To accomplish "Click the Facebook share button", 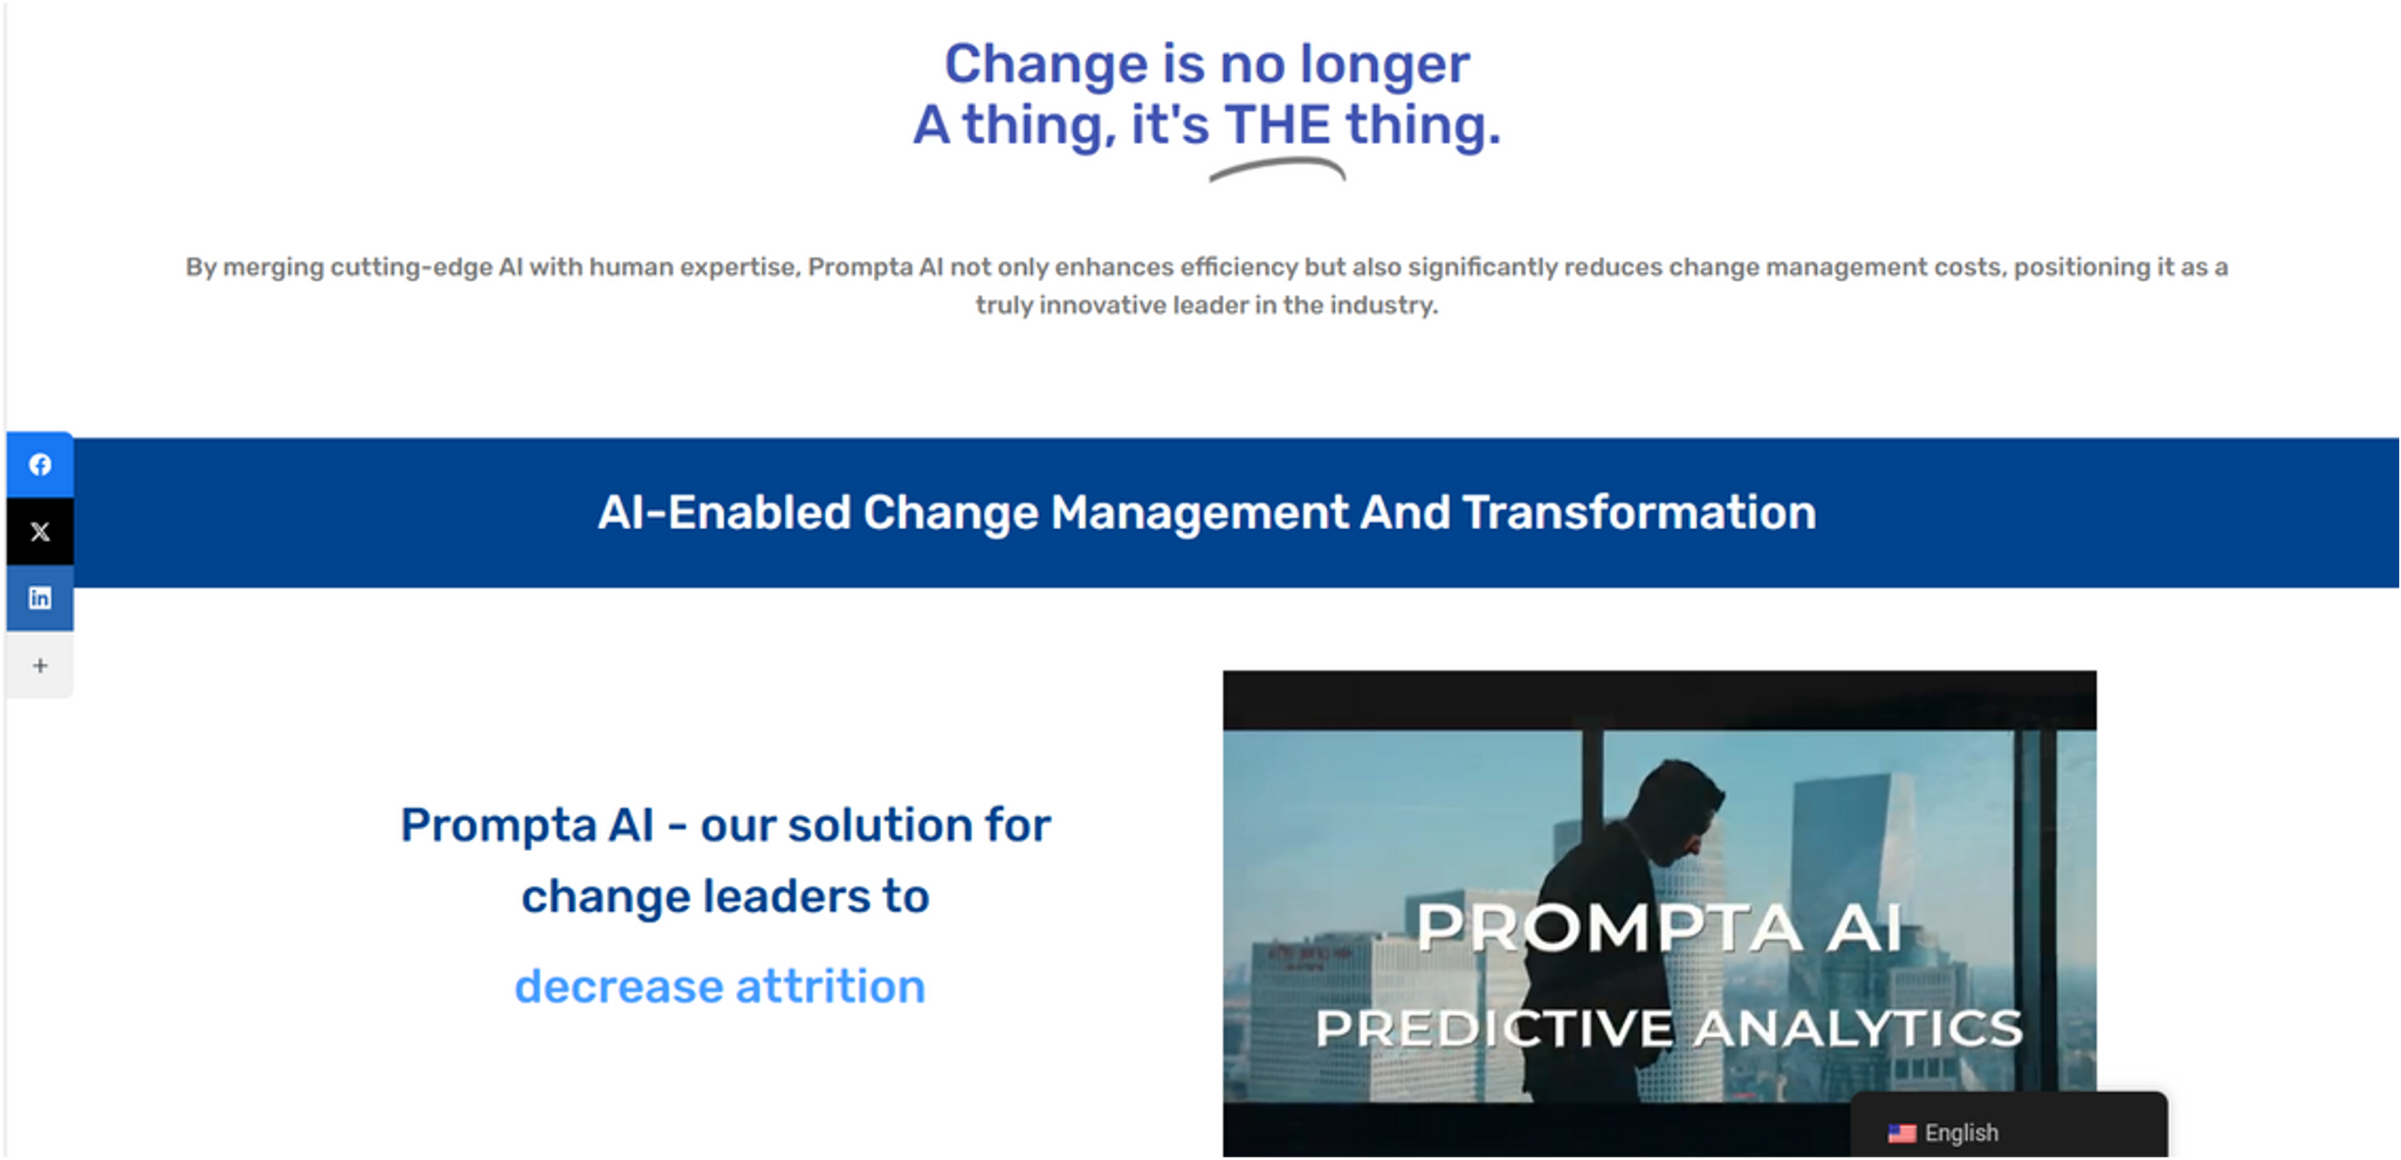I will (x=40, y=464).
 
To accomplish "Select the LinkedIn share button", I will (x=40, y=598).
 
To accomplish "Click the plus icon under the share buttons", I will (x=40, y=665).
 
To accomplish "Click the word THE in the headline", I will (x=1277, y=125).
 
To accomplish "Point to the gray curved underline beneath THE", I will (x=1277, y=168).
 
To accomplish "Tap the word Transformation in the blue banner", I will (x=1639, y=512).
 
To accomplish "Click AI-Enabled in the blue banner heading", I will (x=724, y=512).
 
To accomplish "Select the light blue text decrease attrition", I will (x=719, y=985).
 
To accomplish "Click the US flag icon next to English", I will (x=1902, y=1133).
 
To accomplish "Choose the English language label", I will (x=1961, y=1133).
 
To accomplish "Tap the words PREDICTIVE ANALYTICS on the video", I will (x=1668, y=1027).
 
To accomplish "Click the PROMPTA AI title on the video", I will (x=1659, y=928).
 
